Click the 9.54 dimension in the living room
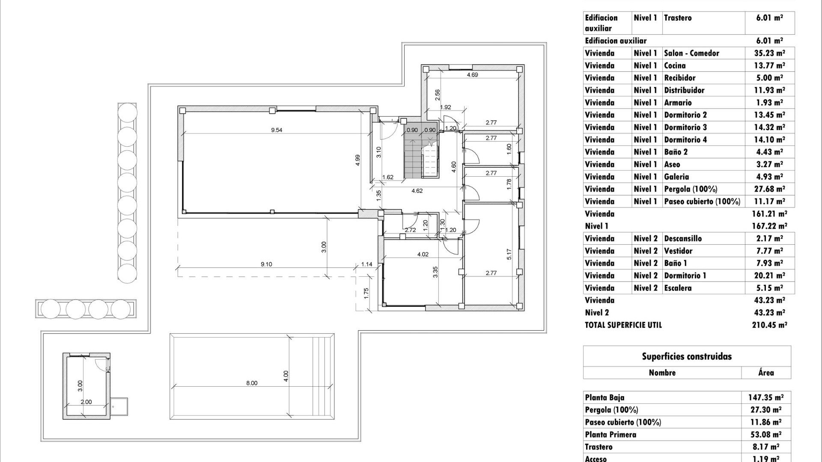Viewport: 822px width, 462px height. click(x=277, y=130)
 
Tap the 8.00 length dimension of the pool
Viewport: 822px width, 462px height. click(x=252, y=383)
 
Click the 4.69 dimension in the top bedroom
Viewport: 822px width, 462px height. click(x=472, y=75)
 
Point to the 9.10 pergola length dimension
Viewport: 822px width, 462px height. click(x=266, y=264)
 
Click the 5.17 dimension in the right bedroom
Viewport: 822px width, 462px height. click(x=509, y=255)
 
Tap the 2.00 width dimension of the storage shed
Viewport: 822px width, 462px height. click(x=86, y=402)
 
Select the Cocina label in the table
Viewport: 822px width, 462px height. click(x=675, y=65)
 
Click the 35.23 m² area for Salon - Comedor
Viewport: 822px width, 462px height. click(x=769, y=53)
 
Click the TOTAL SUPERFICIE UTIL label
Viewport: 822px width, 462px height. click(x=623, y=325)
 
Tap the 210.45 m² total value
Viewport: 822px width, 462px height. click(x=769, y=325)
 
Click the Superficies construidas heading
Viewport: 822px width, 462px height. click(x=687, y=357)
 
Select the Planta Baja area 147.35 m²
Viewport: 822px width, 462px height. click(x=766, y=397)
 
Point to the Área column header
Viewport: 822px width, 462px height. click(x=766, y=373)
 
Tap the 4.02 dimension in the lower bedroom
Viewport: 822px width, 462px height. click(x=423, y=255)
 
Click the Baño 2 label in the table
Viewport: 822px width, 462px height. click(x=676, y=152)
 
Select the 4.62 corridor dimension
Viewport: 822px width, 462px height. click(x=417, y=191)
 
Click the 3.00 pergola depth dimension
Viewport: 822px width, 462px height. click(x=324, y=247)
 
